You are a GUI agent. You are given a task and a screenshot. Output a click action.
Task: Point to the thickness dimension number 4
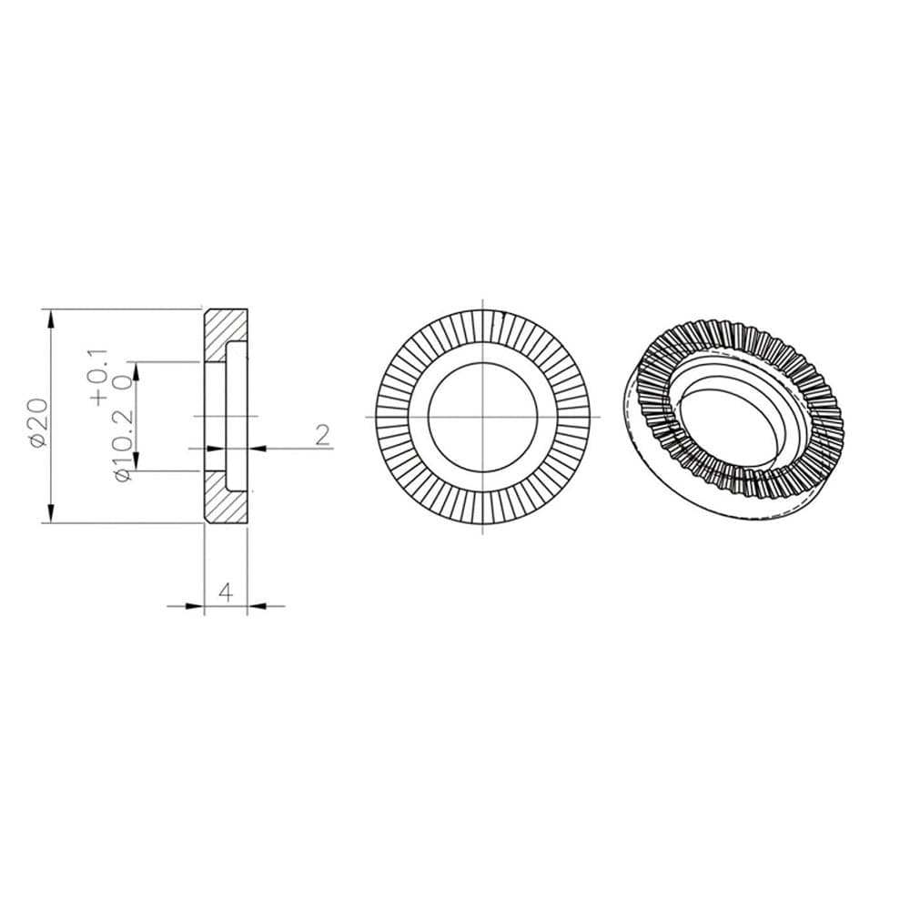227,591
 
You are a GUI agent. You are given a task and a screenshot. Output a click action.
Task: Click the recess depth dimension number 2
322,435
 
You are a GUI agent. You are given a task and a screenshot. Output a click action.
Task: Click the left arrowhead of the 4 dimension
194,605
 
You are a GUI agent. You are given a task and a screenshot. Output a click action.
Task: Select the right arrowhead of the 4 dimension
258,605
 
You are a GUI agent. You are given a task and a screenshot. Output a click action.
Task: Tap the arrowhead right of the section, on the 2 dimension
257,447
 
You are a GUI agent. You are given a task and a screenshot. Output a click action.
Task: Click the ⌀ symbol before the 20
37,440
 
